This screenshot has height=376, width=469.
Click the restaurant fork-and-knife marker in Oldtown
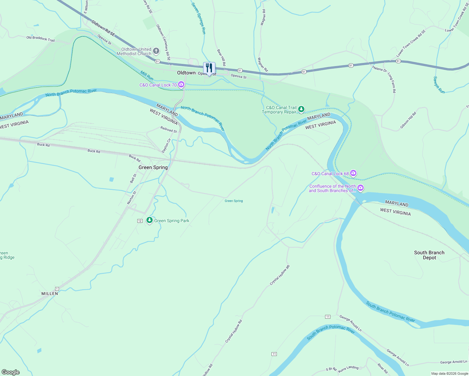(x=209, y=68)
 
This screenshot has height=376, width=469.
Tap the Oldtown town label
(x=186, y=73)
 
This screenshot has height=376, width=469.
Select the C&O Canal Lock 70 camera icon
(x=181, y=85)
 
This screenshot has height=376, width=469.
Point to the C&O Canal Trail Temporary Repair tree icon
(x=301, y=109)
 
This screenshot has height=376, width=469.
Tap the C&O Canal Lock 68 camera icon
(x=353, y=173)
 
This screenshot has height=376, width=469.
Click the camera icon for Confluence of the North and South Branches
(x=361, y=188)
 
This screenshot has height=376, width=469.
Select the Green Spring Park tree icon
(x=150, y=220)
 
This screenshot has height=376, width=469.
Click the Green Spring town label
(x=153, y=167)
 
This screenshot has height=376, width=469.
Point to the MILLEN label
(x=50, y=294)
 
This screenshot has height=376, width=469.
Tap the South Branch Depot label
(x=429, y=255)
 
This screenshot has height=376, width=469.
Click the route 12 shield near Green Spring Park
(x=140, y=221)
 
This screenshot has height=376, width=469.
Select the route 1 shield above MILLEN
(x=57, y=289)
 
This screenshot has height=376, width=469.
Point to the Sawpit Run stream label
(x=439, y=85)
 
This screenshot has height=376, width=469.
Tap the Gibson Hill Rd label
(x=408, y=120)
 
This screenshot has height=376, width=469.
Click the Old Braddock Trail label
(x=40, y=39)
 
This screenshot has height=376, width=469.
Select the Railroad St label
(x=169, y=129)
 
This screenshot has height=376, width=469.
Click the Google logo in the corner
(x=11, y=372)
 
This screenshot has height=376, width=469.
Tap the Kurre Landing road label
(x=348, y=369)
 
